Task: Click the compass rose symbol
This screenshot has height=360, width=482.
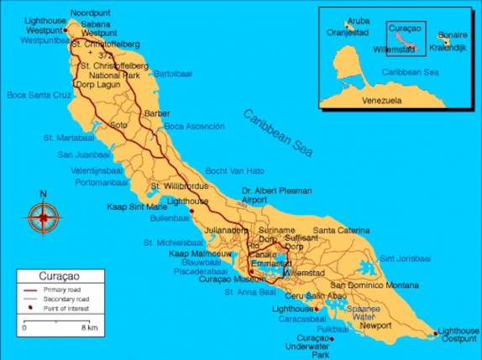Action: (42, 217)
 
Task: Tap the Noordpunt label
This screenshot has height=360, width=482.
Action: (90, 13)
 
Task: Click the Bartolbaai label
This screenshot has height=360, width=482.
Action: (173, 74)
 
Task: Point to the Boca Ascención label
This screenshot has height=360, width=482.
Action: (194, 126)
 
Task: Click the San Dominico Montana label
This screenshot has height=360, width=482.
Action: (373, 285)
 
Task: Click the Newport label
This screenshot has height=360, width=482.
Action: (375, 326)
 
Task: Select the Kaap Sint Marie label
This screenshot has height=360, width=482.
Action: (137, 206)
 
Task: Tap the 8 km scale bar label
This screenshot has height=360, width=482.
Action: (90, 327)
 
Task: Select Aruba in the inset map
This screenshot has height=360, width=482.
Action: (359, 19)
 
